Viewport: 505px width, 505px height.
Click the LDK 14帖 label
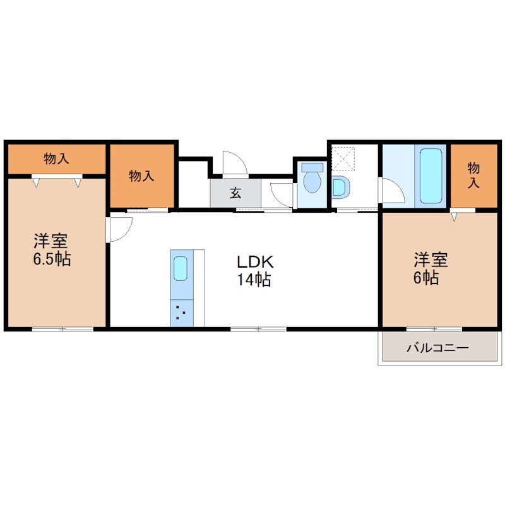[254, 271]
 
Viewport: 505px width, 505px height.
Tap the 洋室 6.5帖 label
[52, 249]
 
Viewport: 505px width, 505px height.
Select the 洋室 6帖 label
[430, 269]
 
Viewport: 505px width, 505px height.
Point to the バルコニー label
[437, 348]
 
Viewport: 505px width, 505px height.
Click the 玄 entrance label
[235, 193]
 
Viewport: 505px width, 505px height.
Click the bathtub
[431, 176]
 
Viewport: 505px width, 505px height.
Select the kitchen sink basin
[181, 268]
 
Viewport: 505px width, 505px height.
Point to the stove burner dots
[180, 312]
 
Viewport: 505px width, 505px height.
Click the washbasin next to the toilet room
[340, 187]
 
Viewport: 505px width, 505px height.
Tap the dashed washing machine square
[343, 158]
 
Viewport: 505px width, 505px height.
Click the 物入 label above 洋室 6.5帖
[56, 158]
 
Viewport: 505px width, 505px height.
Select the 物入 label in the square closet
[141, 176]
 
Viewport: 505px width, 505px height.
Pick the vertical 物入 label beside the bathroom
[473, 175]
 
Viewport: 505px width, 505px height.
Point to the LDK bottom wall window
[258, 329]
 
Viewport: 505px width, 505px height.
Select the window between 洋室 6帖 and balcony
[434, 329]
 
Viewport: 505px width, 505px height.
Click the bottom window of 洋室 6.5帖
[62, 329]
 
